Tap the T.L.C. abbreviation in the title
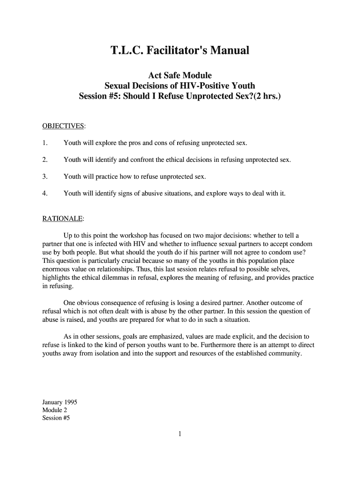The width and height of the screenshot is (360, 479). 127,50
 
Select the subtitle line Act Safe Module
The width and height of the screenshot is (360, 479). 180,75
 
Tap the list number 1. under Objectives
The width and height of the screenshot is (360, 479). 45,143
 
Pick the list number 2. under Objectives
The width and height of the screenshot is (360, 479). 45,160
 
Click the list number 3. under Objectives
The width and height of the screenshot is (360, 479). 45,177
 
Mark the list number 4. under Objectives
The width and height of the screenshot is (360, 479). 45,194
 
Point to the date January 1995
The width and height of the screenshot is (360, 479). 60,402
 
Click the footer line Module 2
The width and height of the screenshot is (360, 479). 55,410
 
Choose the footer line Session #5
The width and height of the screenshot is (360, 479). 56,419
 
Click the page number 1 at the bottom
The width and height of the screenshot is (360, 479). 180,434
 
